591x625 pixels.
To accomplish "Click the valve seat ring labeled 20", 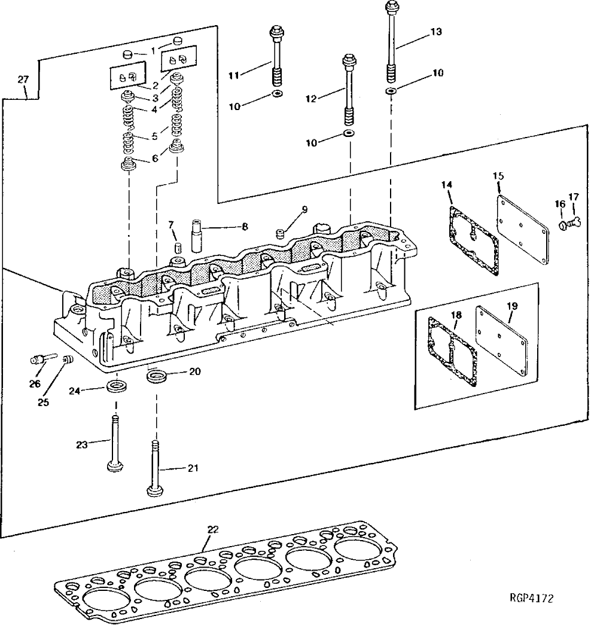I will pos(157,377).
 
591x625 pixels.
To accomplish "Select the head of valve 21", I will pos(154,492).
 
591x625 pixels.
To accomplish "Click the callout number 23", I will pos(82,444).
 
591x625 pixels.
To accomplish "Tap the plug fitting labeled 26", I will pos(37,359).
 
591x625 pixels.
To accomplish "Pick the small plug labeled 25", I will pos(67,360).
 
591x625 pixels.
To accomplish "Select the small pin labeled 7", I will pos(176,248).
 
